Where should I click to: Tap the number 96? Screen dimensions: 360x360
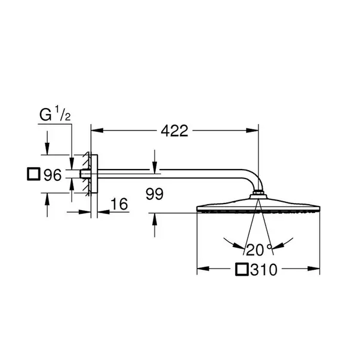[54, 175]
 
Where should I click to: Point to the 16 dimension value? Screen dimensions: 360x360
[119, 204]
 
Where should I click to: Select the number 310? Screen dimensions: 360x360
[264, 270]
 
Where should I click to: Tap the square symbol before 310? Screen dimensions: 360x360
[241, 270]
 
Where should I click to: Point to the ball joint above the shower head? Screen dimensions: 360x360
[259, 193]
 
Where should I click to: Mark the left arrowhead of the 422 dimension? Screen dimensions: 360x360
[95, 130]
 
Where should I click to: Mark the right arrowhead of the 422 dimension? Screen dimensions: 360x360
[254, 130]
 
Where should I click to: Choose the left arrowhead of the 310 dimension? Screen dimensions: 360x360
[201, 270]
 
